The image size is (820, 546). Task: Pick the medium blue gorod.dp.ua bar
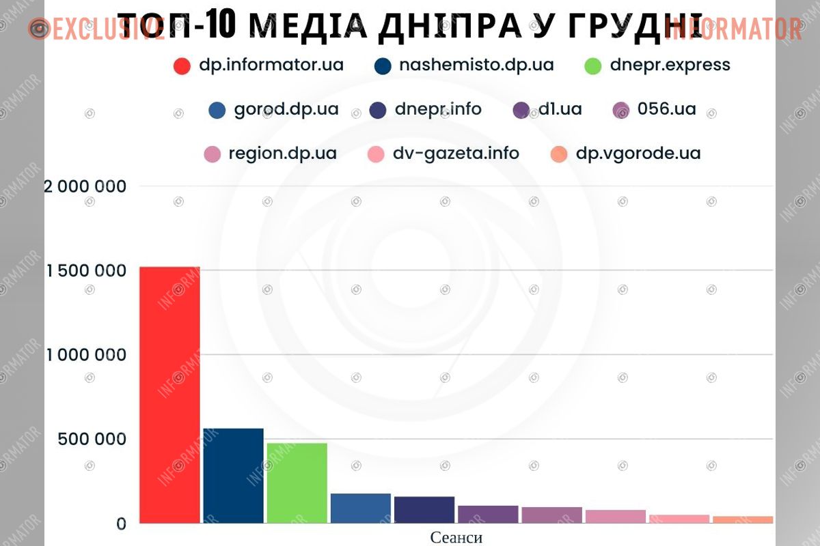click(x=360, y=508)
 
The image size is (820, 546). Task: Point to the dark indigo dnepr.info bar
click(x=424, y=510)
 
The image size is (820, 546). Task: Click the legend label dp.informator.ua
click(x=271, y=66)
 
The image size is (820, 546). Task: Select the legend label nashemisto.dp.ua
click(x=476, y=66)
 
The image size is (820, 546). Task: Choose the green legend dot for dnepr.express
click(x=593, y=66)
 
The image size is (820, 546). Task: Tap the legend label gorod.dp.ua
click(x=286, y=109)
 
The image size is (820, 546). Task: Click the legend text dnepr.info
click(x=438, y=109)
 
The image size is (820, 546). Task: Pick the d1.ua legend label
click(x=560, y=109)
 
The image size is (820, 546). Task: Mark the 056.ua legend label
click(x=666, y=109)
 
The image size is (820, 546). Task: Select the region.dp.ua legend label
click(x=282, y=154)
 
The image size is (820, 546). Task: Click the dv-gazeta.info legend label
click(x=456, y=154)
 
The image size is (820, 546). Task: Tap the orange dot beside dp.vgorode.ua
click(x=558, y=154)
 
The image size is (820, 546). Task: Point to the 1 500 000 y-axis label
click(x=86, y=271)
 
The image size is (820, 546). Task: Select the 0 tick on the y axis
click(x=121, y=523)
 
